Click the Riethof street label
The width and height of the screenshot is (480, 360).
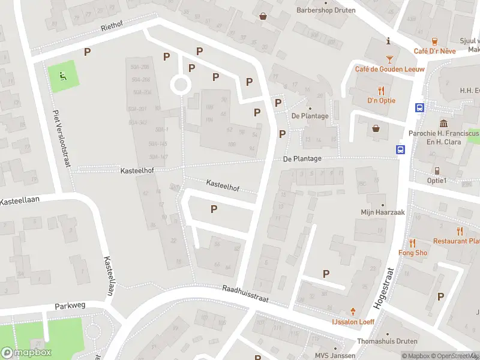(111, 28)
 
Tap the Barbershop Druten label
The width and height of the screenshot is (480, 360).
(326, 10)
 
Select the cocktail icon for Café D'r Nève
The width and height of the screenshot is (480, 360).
(390, 59)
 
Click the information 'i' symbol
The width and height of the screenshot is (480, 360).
(389, 41)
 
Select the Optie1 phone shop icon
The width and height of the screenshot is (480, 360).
(437, 170)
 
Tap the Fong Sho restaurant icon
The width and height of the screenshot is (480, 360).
(413, 243)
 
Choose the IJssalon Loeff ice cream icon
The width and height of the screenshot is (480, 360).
(353, 311)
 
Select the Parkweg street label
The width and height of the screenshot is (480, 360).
(70, 305)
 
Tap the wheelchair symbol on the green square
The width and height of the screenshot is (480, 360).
(62, 76)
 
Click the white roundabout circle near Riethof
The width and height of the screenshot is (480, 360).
(180, 85)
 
